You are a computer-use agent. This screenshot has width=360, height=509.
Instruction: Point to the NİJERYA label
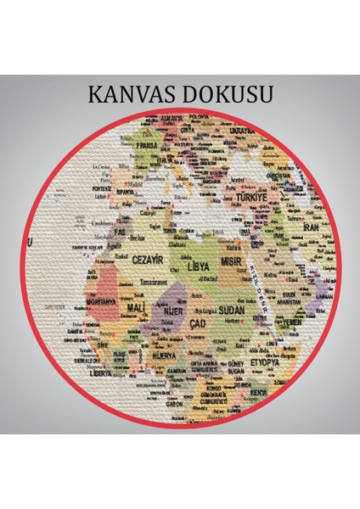tap(166, 355)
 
